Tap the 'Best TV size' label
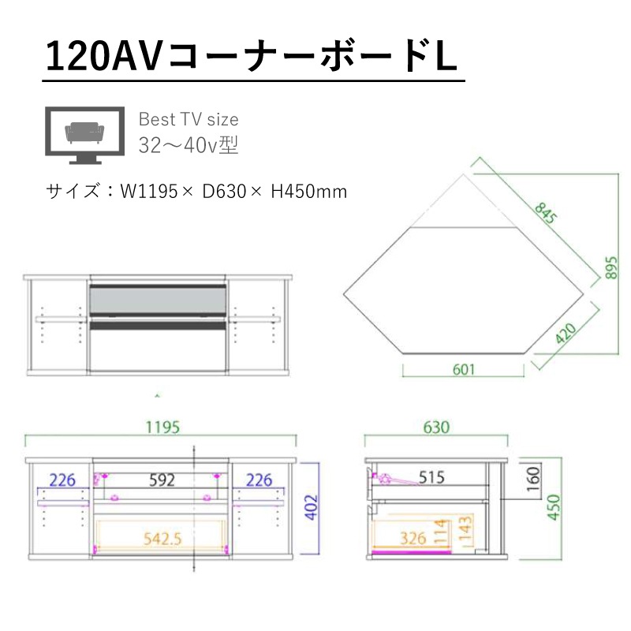pos(189,120)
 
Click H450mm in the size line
pos(308,192)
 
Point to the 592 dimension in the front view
pos(162,480)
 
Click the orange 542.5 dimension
pos(162,540)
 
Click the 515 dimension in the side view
pos(431,477)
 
